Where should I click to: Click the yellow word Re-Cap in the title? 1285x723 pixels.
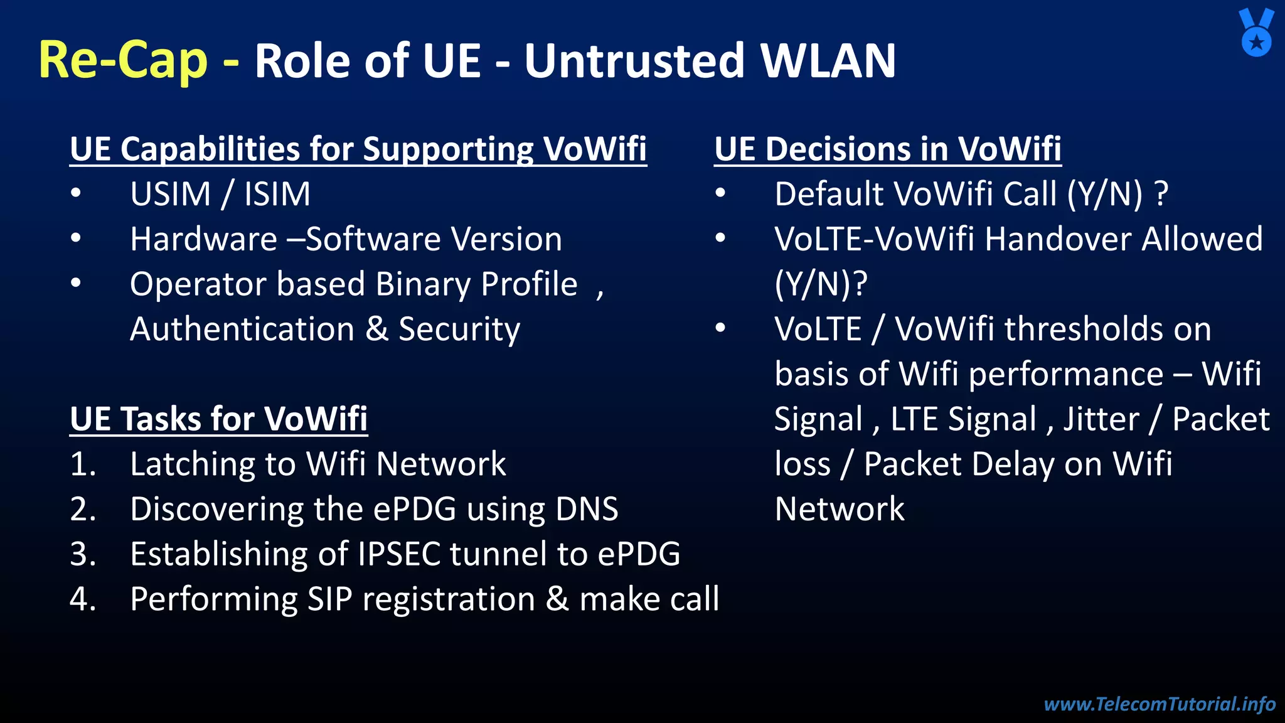123,60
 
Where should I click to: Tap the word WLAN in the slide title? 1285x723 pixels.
828,61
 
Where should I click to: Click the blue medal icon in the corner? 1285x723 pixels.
1256,33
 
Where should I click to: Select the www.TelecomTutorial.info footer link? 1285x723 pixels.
1160,704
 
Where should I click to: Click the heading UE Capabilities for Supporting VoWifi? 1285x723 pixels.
358,149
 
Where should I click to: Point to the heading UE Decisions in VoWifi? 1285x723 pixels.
887,149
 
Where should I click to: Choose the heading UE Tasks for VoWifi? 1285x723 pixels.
218,419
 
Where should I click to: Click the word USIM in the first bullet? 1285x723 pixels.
170,194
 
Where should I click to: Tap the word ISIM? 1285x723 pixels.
277,194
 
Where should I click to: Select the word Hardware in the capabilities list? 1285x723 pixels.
203,239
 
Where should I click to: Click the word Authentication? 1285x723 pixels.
242,329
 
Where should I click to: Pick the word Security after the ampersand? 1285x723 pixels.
459,329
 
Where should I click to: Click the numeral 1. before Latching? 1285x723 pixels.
83,464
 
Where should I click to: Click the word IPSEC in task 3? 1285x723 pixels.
398,554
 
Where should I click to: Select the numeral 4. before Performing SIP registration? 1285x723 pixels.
83,599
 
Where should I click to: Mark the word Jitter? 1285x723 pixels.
1101,419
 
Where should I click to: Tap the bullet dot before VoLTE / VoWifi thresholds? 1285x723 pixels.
720,328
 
